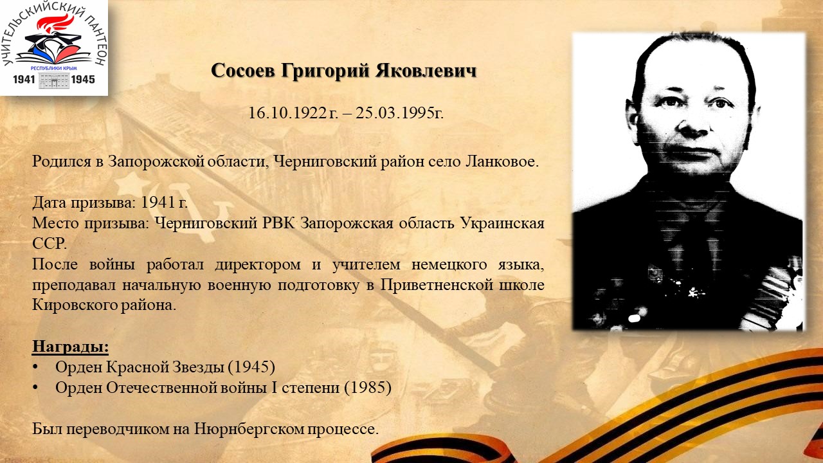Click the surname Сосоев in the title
(243, 70)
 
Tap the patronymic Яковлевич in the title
(426, 70)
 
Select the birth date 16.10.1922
(287, 113)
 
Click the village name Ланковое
(502, 161)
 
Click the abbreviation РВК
(278, 222)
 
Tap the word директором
(258, 264)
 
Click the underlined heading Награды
(70, 347)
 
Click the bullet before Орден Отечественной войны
(35, 388)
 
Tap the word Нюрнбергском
(249, 429)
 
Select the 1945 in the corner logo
(83, 79)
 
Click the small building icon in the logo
(54, 80)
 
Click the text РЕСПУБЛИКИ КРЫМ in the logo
(53, 68)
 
